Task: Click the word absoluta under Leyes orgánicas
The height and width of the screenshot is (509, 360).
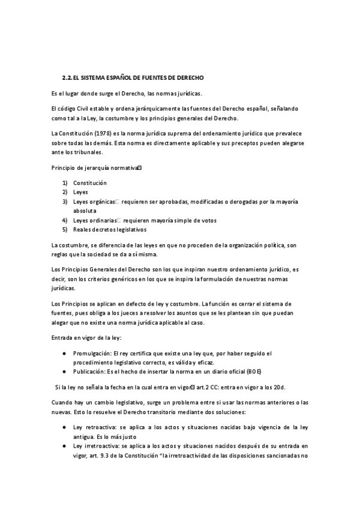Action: pos(86,211)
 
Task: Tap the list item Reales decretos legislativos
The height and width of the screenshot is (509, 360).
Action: pos(110,230)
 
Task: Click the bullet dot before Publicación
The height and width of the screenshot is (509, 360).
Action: pos(64,372)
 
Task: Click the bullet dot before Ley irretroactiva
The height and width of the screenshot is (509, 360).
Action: pos(64,447)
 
